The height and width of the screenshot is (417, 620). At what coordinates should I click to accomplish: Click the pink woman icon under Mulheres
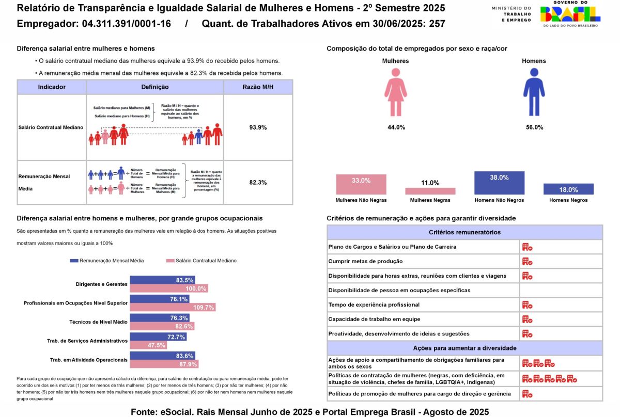pyautogui.click(x=396, y=92)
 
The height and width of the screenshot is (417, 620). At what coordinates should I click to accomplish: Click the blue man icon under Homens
pyautogui.click(x=534, y=92)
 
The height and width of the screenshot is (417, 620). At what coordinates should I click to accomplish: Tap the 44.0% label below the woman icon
pyautogui.click(x=396, y=127)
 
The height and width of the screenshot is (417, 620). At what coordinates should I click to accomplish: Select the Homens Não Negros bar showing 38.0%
pyautogui.click(x=499, y=183)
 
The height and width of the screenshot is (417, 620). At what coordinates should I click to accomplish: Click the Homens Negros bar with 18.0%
pyautogui.click(x=568, y=189)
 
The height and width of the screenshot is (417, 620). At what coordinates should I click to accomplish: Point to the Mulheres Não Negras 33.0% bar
pyautogui.click(x=361, y=184)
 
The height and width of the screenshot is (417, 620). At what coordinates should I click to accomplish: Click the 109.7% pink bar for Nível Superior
pyautogui.click(x=173, y=307)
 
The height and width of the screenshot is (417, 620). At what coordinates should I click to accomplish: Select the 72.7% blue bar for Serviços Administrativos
pyautogui.click(x=158, y=337)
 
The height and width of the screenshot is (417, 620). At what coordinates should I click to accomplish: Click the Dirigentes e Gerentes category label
pyautogui.click(x=101, y=284)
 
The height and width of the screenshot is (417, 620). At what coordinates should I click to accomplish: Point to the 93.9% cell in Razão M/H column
pyautogui.click(x=258, y=127)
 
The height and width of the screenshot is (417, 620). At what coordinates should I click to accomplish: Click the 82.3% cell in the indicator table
pyautogui.click(x=258, y=182)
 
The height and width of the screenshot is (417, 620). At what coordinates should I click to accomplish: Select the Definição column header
pyautogui.click(x=154, y=87)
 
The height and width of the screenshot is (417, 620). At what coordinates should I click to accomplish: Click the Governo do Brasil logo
pyautogui.click(x=569, y=14)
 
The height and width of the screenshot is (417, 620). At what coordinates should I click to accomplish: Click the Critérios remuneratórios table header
pyautogui.click(x=464, y=232)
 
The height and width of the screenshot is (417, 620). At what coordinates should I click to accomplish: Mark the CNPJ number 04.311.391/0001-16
pyautogui.click(x=126, y=24)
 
